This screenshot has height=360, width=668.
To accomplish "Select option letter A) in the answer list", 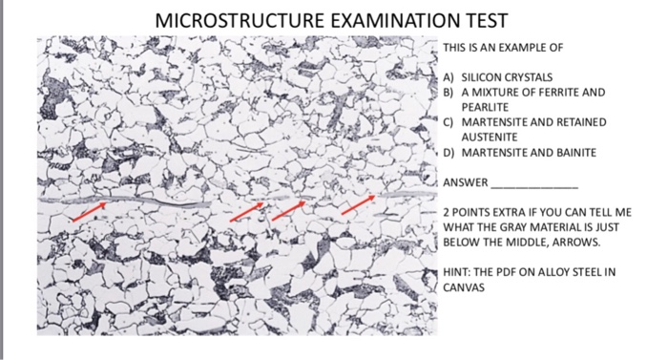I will coord(448,75).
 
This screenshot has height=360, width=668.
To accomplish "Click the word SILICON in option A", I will coord(479,75).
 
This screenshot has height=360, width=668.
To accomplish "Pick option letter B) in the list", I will coord(448,92).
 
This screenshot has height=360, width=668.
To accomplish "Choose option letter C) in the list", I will coord(448,123).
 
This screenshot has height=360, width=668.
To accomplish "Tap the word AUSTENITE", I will coord(486,138).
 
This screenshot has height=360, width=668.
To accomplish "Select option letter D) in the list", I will coord(448,153).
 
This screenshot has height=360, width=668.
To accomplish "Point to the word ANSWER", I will coord(466,182).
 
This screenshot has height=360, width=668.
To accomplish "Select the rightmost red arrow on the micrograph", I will coord(358,203).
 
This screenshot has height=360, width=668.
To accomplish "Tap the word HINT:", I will coord(456,271).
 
